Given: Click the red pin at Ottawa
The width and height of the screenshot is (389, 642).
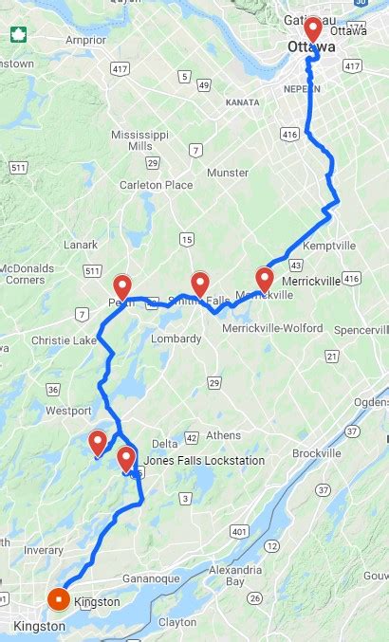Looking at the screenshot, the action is point(312,28).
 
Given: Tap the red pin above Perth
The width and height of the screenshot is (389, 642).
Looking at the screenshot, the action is point(122,286).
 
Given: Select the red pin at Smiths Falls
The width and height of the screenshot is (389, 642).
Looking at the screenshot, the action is point(200,283).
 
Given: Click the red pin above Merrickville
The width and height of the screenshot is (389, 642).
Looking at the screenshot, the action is point(265,279).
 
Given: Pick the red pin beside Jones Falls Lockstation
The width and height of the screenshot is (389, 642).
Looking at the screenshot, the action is point(126,460).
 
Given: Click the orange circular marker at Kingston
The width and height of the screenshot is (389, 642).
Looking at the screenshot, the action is point(58,599).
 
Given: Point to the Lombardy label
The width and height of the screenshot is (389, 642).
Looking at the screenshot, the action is point(176,339).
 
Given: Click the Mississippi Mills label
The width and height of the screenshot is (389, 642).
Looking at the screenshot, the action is point(139,140).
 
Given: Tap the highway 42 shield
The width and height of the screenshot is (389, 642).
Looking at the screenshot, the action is point(191,437).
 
